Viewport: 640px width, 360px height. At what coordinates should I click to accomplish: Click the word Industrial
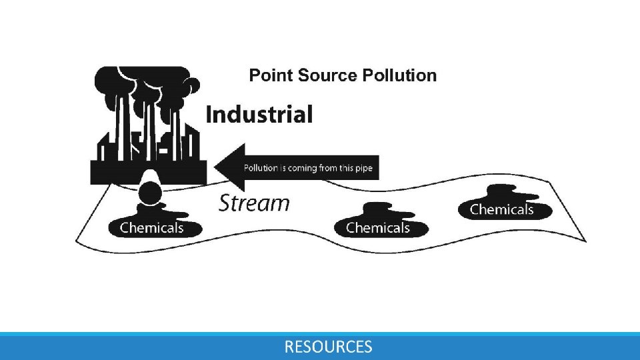pos(259,115)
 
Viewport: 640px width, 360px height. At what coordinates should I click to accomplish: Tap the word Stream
pos(254,203)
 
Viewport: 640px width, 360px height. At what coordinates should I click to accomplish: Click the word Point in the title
pos(266,75)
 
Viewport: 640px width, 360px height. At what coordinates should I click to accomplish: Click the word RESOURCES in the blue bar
pos(328,347)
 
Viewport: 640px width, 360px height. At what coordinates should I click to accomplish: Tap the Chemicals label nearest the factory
pos(151,228)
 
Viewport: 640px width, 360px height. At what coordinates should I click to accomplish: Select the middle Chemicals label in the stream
pos(377,228)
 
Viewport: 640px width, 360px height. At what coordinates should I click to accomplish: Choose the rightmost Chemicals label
pos(501,209)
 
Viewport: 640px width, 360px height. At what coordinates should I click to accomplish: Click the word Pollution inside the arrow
pos(261,168)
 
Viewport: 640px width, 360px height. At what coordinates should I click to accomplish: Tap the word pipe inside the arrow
pos(364,168)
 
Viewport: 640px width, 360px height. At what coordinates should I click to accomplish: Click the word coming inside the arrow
pos(303,168)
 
